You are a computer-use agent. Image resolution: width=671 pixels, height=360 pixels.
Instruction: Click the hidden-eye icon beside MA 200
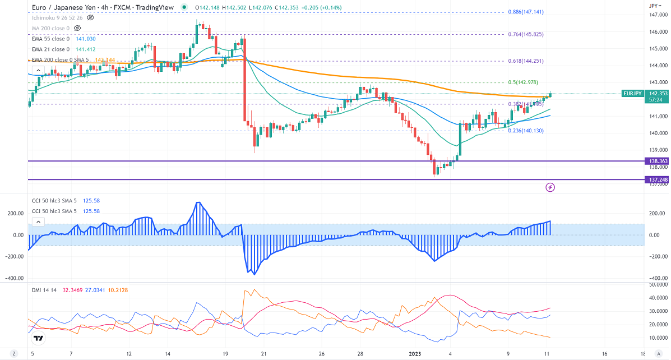tap(78, 27)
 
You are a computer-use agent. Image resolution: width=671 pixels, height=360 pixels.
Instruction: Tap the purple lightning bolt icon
tap(550, 187)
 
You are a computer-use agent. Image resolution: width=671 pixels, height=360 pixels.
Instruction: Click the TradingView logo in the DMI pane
tap(38, 338)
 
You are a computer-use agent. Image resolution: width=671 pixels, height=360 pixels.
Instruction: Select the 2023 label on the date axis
tap(415, 354)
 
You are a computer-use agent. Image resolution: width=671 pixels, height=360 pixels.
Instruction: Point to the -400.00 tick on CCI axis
tap(656, 278)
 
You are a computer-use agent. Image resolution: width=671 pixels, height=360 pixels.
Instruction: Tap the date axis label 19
tap(225, 354)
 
